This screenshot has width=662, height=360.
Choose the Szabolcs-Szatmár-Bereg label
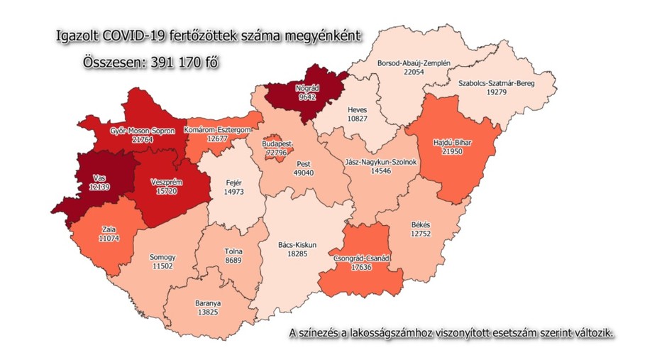click(496, 82)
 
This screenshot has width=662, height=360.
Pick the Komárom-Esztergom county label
click(220, 131)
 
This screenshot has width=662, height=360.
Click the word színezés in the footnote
click(324, 332)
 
